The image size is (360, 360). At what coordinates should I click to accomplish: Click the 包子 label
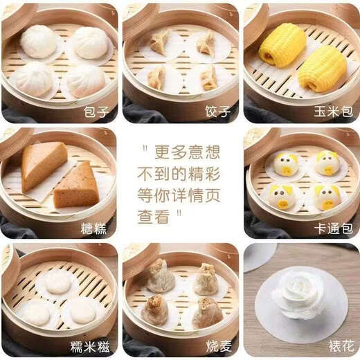[96, 111]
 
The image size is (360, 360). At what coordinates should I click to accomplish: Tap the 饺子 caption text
[217, 111]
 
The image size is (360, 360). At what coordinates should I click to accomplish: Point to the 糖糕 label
[96, 227]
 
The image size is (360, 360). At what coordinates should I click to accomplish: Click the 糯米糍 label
[90, 346]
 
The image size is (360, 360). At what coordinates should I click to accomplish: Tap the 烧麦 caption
[217, 346]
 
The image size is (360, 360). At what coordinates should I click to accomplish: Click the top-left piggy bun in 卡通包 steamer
[285, 164]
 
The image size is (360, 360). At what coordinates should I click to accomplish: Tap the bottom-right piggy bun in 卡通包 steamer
[327, 197]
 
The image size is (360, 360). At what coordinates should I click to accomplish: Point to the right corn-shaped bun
[322, 69]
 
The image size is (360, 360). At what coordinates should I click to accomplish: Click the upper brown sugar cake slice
[44, 164]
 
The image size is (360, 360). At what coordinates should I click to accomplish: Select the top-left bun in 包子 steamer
[39, 42]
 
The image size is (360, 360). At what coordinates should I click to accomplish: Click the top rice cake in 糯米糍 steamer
[57, 281]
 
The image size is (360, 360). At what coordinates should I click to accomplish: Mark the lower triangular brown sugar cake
[78, 186]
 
